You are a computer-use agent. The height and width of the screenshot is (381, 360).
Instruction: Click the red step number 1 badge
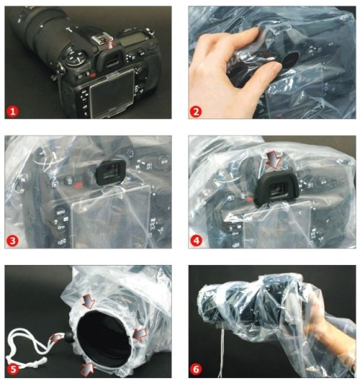[13, 112]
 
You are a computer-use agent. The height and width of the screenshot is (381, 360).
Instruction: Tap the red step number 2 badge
[196, 112]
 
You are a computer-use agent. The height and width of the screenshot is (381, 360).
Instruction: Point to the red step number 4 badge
[196, 240]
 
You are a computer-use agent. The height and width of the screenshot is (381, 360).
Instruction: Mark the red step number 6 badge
[196, 369]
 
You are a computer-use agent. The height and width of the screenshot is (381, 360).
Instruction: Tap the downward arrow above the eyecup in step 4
[273, 160]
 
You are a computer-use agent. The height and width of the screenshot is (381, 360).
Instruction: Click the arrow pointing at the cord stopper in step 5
[57, 338]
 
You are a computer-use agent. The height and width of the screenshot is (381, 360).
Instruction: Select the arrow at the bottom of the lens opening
[87, 368]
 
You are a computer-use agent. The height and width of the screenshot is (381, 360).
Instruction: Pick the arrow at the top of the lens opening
[89, 301]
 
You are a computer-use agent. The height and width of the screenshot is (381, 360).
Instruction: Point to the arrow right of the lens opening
[140, 334]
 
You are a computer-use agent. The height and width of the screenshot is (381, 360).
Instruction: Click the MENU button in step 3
[60, 212]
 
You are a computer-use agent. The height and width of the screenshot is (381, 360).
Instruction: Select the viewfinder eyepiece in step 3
[111, 172]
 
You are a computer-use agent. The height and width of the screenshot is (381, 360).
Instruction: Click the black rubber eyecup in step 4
[276, 189]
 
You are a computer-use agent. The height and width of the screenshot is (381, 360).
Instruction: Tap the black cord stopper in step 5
[68, 337]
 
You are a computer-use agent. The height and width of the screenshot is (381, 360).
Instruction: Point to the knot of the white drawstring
[42, 360]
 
